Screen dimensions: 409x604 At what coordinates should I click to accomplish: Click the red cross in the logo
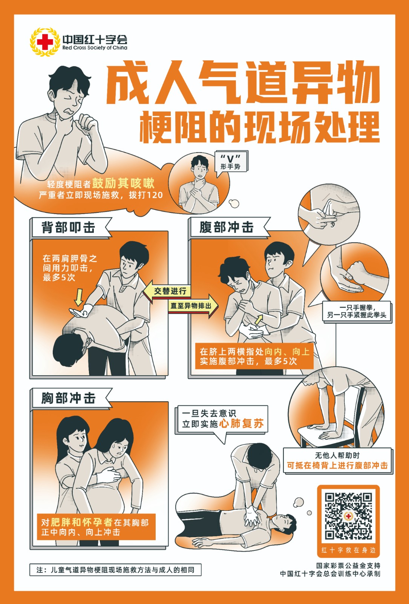(x=45, y=42)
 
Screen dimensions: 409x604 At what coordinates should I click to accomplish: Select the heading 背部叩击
(x=68, y=227)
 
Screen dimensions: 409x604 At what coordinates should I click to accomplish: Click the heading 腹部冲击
(x=227, y=227)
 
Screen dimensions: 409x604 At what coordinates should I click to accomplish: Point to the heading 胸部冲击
(x=68, y=398)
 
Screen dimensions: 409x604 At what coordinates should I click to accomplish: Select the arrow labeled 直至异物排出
(x=193, y=306)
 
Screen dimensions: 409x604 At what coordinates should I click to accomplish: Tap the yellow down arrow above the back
(x=79, y=297)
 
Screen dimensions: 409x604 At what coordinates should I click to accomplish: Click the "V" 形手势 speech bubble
(x=231, y=162)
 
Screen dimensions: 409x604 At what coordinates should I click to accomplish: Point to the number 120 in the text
(x=155, y=195)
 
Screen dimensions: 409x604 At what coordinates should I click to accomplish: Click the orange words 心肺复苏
(x=241, y=423)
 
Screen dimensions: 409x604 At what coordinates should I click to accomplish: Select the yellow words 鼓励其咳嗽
(x=123, y=183)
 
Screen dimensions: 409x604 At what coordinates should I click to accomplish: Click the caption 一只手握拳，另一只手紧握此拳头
(x=357, y=311)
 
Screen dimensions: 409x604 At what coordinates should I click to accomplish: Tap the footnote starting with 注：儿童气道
(x=115, y=570)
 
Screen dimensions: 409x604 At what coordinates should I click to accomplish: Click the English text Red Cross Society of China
(x=95, y=48)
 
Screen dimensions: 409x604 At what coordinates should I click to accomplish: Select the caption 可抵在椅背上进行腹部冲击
(x=337, y=465)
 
